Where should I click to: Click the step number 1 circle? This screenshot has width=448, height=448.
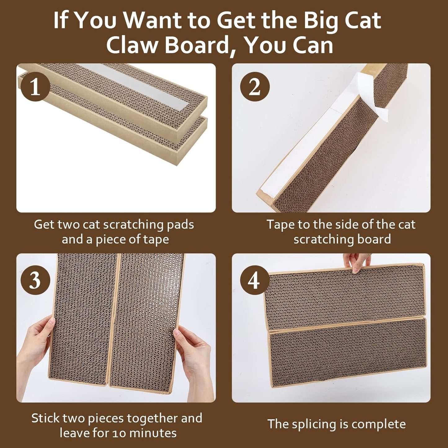[35, 87]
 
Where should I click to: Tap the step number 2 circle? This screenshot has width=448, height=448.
[255, 87]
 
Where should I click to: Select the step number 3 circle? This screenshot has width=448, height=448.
[35, 281]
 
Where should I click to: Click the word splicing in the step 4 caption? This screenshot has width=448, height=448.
[314, 424]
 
